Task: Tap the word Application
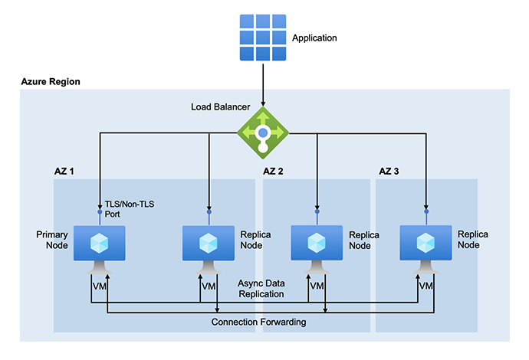pos(314,38)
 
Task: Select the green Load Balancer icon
pos(263,132)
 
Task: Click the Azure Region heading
pos(51,81)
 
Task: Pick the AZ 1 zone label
pos(61,171)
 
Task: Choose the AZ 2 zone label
pos(274,171)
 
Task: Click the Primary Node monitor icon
pos(99,243)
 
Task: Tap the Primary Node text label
pos(52,239)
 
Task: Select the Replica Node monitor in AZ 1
pos(208,243)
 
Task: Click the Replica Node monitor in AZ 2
pos(317,243)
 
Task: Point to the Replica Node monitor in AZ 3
pos(426,243)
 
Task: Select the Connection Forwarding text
pos(258,322)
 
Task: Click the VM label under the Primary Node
pos(100,286)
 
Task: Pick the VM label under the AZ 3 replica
pos(426,286)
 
